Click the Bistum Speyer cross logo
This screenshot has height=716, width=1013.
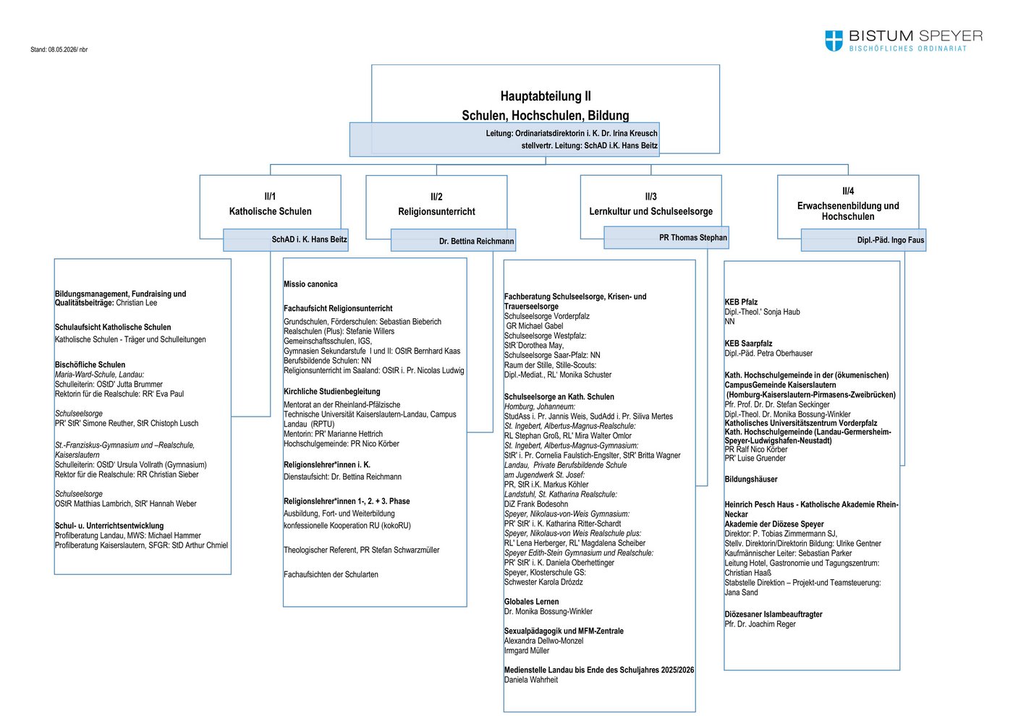(x=834, y=41)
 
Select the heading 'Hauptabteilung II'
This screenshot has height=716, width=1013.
(x=546, y=95)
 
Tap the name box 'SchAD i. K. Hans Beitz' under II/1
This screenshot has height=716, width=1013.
(x=285, y=239)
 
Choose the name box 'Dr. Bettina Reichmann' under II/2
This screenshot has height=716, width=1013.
(x=453, y=240)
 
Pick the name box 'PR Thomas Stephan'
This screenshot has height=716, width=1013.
(x=666, y=237)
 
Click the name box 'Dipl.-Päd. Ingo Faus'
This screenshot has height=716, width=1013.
(x=863, y=240)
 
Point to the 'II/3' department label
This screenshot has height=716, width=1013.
(x=650, y=197)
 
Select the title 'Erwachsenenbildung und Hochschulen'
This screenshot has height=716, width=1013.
(x=848, y=211)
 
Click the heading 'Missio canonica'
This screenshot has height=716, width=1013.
(x=310, y=284)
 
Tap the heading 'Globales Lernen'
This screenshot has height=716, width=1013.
(x=531, y=602)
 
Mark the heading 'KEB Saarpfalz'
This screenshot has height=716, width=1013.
(x=748, y=344)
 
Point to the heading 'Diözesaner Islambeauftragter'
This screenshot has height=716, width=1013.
(x=773, y=614)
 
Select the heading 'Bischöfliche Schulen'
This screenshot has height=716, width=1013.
(x=90, y=365)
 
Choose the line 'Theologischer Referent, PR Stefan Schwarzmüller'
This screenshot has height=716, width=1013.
(x=361, y=550)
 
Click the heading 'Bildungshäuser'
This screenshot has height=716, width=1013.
(x=751, y=479)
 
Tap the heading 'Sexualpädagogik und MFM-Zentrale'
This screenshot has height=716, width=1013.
(x=564, y=631)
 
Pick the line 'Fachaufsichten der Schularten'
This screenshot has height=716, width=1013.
(x=331, y=574)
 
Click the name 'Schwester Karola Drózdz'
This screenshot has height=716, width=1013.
(x=543, y=582)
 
